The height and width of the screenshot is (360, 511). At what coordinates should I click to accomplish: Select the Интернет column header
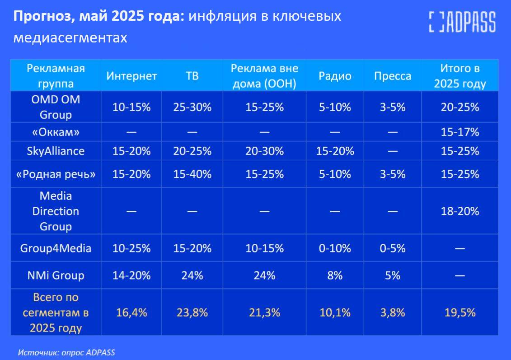point(131,76)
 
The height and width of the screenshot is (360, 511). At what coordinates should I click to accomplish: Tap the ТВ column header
point(192,76)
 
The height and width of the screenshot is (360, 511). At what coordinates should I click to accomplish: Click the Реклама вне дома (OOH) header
point(264,76)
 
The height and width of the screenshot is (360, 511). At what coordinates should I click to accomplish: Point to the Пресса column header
point(392,76)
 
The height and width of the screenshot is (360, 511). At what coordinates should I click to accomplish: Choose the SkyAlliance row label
point(56,151)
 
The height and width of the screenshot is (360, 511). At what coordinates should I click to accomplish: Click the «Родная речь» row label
point(56,174)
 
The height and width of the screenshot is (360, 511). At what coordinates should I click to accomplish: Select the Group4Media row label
point(56,248)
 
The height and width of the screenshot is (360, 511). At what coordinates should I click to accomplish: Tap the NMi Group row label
point(56,275)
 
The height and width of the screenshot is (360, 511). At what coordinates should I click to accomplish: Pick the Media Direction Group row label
point(56,211)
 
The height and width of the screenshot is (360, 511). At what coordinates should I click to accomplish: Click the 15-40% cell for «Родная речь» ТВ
point(192,174)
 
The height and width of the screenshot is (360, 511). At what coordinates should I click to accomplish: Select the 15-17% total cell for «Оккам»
point(459,132)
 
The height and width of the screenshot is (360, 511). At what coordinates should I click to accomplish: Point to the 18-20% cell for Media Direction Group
point(459,211)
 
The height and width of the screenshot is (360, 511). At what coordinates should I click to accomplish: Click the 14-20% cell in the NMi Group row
point(131,275)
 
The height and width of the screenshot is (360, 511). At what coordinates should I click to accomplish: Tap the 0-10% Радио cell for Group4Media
point(335,248)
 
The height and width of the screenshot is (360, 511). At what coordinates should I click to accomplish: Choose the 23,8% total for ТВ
point(192,312)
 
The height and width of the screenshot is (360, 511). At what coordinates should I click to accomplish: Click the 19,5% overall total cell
point(459,312)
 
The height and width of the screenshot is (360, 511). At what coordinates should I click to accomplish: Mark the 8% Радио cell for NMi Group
point(335,275)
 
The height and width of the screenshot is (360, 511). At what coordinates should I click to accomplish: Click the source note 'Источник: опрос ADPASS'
point(67,352)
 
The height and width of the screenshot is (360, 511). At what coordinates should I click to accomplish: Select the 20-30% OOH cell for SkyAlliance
point(264,151)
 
